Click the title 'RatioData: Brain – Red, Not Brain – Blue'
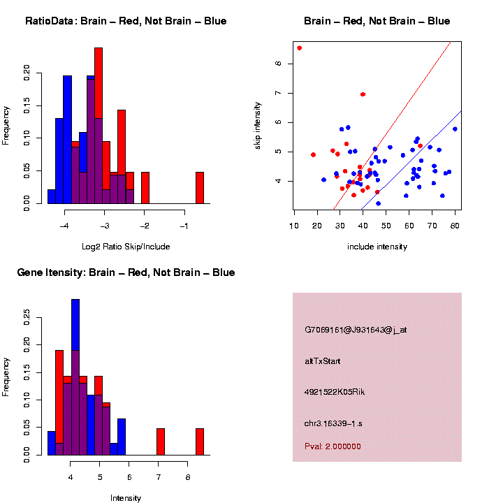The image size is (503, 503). tap(126, 21)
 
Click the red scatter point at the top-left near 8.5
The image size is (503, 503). tap(299, 48)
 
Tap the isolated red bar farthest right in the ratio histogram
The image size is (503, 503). tap(199, 187)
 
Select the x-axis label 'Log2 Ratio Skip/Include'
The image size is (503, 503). tap(125, 247)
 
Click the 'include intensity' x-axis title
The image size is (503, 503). tap(377, 247)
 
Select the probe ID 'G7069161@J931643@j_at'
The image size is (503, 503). tap(356, 330)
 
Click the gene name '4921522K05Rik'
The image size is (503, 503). tap(335, 392)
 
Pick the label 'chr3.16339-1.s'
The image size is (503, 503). tap(333, 423)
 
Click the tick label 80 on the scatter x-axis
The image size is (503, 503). tap(455, 225)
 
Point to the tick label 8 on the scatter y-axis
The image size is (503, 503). tap(278, 64)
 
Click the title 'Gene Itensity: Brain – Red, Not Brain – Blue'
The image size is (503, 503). tap(126, 272)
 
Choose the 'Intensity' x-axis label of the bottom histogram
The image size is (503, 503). tap(125, 498)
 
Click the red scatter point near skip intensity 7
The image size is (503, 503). tap(363, 94)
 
